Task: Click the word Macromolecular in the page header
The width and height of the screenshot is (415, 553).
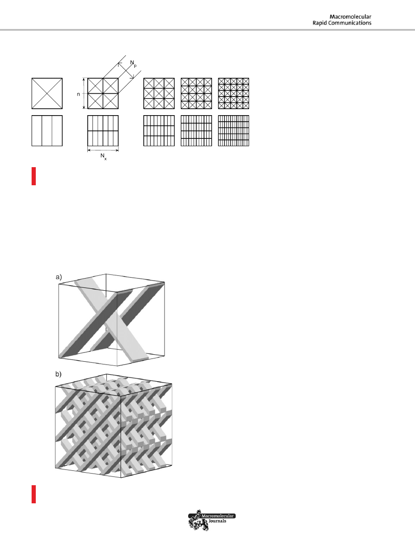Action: pos(350,17)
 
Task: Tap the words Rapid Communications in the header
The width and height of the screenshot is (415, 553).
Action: pos(342,23)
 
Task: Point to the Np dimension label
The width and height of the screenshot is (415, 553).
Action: pos(133,64)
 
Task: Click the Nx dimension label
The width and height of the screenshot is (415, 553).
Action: pos(103,156)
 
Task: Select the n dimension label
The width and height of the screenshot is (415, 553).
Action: pos(79,94)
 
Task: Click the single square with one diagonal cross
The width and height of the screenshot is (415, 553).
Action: pos(47,93)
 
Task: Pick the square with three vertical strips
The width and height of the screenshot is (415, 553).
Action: pos(47,130)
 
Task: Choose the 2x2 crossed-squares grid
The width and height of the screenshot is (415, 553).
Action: pos(103,93)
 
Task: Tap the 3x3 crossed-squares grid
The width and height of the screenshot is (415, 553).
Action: pos(159,93)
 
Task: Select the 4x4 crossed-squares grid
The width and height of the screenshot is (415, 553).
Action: pos(196,93)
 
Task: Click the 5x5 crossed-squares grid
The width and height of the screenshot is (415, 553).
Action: pos(234,93)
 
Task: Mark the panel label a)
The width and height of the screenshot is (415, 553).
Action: pos(59,277)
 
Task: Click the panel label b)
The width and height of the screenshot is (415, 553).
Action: pos(59,374)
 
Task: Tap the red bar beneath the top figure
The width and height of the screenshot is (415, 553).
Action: pos(33,176)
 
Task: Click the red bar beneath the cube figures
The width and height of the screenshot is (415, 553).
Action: pos(33,494)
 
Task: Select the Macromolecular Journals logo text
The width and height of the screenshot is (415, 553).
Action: pos(217,518)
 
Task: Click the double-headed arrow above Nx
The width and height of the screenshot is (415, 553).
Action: pos(103,150)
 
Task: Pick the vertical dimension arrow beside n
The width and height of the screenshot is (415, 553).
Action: pos(84,93)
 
